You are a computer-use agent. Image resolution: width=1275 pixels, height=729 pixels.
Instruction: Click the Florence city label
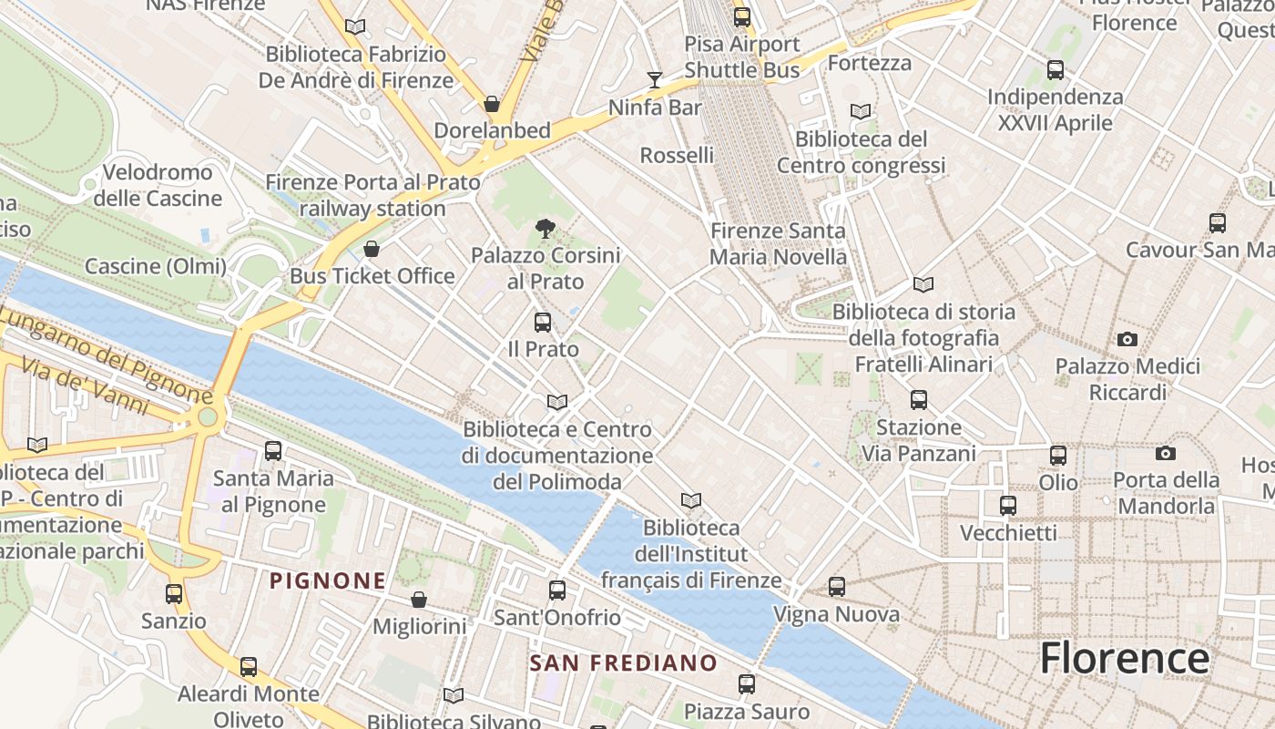(x=1124, y=658)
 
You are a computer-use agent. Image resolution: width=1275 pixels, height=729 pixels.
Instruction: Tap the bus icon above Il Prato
(x=543, y=322)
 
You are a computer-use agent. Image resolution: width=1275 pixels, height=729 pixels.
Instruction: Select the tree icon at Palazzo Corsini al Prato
(x=546, y=228)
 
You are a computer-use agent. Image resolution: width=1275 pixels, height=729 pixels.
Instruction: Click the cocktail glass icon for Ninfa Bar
(x=655, y=80)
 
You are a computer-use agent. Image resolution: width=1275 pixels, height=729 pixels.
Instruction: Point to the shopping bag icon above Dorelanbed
(x=492, y=104)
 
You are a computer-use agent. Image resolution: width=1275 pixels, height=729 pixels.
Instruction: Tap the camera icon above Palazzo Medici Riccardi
(x=1127, y=339)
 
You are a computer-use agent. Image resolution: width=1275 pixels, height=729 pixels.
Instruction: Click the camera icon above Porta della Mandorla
(x=1165, y=453)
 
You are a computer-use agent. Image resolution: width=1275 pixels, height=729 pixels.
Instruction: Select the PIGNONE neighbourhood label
(x=328, y=580)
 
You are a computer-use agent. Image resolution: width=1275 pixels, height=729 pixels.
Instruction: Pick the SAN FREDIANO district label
(x=623, y=662)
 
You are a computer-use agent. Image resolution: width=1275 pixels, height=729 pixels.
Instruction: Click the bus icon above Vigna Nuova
(x=837, y=587)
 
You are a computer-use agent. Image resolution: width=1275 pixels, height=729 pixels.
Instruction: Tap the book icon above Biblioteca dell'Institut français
(x=691, y=500)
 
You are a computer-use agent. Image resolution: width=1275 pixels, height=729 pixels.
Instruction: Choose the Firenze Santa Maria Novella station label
(x=778, y=244)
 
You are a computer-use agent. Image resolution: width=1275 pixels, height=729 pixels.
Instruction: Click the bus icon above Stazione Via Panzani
(x=918, y=399)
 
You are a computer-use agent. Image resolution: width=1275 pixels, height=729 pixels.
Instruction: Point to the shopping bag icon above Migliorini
(x=419, y=600)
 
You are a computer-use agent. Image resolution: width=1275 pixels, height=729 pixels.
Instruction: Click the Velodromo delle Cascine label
(x=158, y=185)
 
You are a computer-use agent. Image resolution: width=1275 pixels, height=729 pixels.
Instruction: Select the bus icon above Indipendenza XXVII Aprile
(x=1056, y=69)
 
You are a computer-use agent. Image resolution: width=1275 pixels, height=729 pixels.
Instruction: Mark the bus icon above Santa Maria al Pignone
(x=272, y=450)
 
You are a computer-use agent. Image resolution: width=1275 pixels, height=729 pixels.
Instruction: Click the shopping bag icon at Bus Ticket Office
(x=372, y=249)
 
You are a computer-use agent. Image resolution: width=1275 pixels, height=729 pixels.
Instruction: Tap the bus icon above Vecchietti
(x=1008, y=505)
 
